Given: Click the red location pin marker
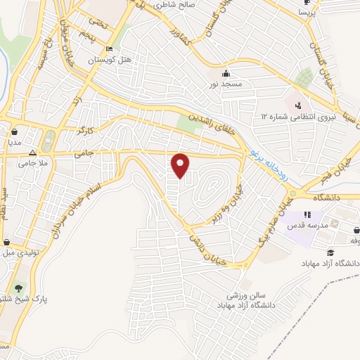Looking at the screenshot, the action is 181,165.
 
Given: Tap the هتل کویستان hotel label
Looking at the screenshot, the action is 110,60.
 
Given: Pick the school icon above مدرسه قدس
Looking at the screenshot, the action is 307,214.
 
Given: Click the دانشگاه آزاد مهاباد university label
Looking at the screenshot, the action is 330,264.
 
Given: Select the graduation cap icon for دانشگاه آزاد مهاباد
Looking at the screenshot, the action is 330,252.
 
